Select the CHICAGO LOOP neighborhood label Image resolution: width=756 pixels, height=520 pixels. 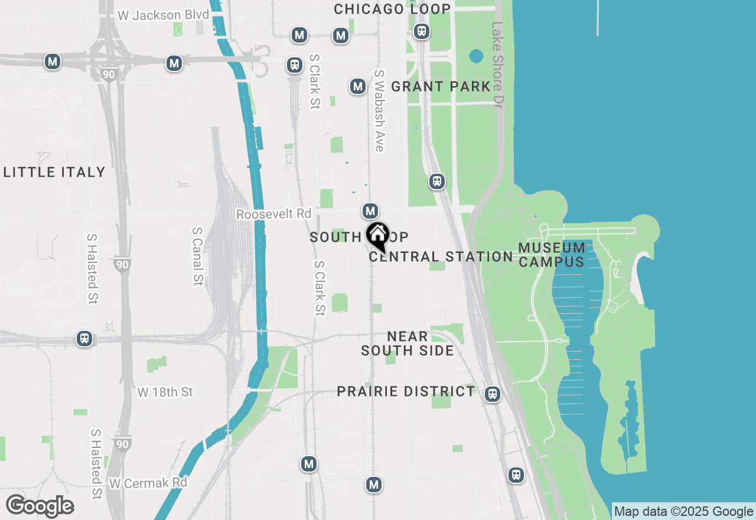pos(392,9)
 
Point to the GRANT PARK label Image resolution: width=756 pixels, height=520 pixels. pos(441,86)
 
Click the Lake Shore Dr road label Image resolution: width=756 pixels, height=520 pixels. pos(498,65)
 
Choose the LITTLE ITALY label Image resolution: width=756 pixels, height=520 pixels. pos(54,172)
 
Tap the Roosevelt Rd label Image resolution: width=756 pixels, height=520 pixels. pos(273,214)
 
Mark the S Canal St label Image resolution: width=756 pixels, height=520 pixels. pos(198,256)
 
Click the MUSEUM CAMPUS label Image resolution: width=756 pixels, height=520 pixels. pos(552,255)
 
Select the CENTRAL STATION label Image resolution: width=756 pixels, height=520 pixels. pos(441,256)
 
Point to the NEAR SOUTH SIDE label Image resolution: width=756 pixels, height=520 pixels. pos(408,343)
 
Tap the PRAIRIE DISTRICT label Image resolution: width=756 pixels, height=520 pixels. pos(406,391)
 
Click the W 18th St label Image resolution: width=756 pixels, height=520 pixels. pos(165,392)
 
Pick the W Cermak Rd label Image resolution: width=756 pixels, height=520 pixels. pos(148,483)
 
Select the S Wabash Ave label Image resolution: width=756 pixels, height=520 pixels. pos(379,110)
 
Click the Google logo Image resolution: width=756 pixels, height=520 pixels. pos(40,506)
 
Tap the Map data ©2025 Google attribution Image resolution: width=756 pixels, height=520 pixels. pos(683,512)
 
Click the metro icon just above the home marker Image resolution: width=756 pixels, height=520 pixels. pos(370,211)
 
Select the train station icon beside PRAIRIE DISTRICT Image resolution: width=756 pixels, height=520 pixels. pos(492,394)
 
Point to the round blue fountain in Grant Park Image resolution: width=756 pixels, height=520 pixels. pos(476,57)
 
